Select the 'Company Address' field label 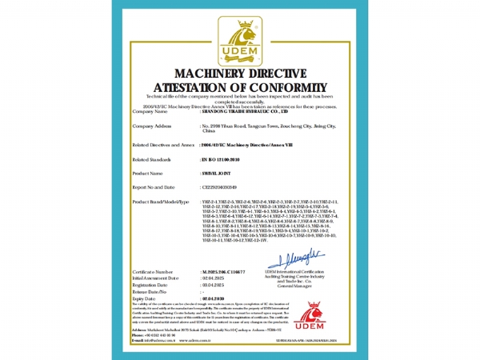pos(152,126)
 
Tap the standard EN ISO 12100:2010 pos(221,159)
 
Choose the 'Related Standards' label pos(151,159)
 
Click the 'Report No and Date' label pos(154,186)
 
